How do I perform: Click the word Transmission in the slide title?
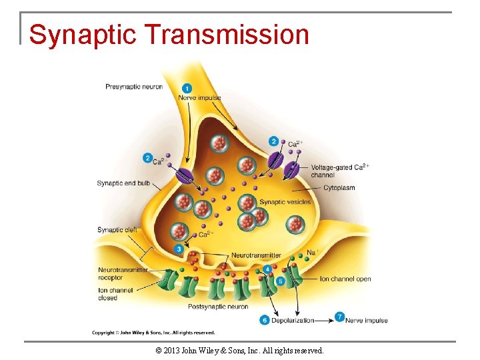226,35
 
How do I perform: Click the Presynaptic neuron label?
134,87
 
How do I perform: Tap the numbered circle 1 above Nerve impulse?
187,88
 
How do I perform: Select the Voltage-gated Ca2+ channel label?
339,170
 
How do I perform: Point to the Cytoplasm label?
339,188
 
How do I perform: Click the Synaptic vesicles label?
285,202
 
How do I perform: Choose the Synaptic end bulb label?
123,183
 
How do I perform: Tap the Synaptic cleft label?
117,230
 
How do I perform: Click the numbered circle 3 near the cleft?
179,249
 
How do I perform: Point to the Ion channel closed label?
115,294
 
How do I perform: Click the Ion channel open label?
345,279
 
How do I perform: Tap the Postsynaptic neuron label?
217,307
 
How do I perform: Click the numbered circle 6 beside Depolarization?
265,320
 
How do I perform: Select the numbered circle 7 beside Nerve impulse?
340,317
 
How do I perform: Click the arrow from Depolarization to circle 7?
325,320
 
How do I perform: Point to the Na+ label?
312,253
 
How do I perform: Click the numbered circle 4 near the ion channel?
268,269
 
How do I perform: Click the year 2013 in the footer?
172,350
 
